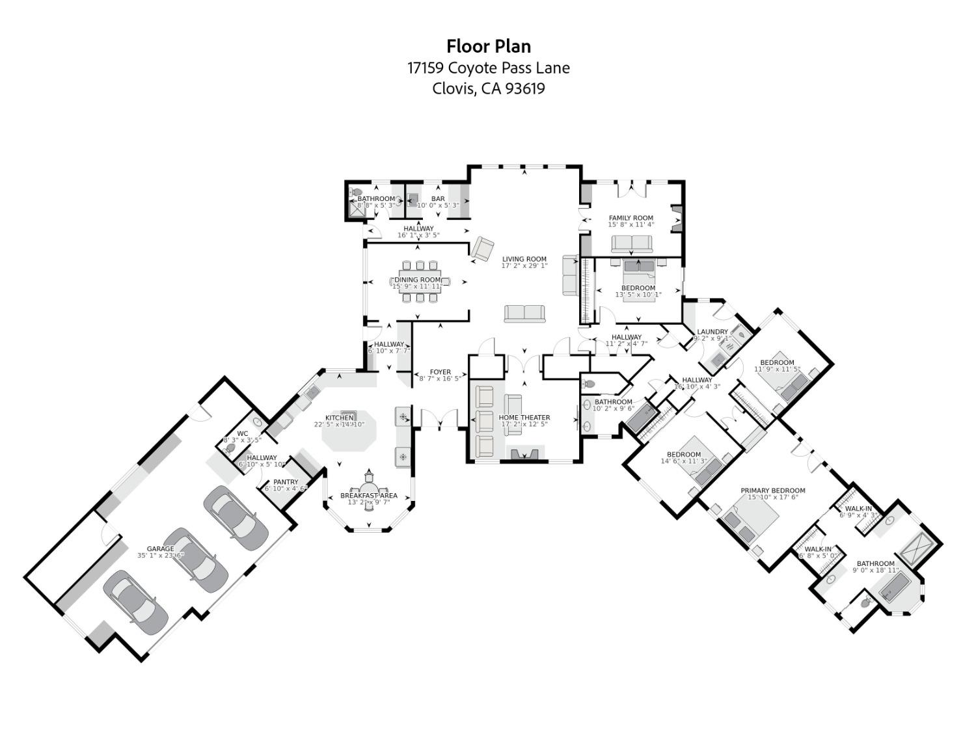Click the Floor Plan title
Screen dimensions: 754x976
[488, 46]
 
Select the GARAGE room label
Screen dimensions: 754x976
[160, 548]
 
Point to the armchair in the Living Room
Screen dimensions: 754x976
[483, 249]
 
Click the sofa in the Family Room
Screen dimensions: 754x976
[631, 244]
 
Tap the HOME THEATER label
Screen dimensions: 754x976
[524, 418]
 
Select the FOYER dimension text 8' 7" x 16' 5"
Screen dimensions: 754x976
[441, 379]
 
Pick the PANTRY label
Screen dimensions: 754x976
[286, 482]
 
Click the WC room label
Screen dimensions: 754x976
[242, 433]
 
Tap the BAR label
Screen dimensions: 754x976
[438, 198]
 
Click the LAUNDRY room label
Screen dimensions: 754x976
[712, 332]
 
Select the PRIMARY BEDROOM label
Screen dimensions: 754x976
[772, 491]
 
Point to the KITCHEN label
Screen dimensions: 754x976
[339, 418]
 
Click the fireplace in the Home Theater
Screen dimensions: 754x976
[524, 454]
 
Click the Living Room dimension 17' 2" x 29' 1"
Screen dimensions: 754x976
[524, 266]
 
